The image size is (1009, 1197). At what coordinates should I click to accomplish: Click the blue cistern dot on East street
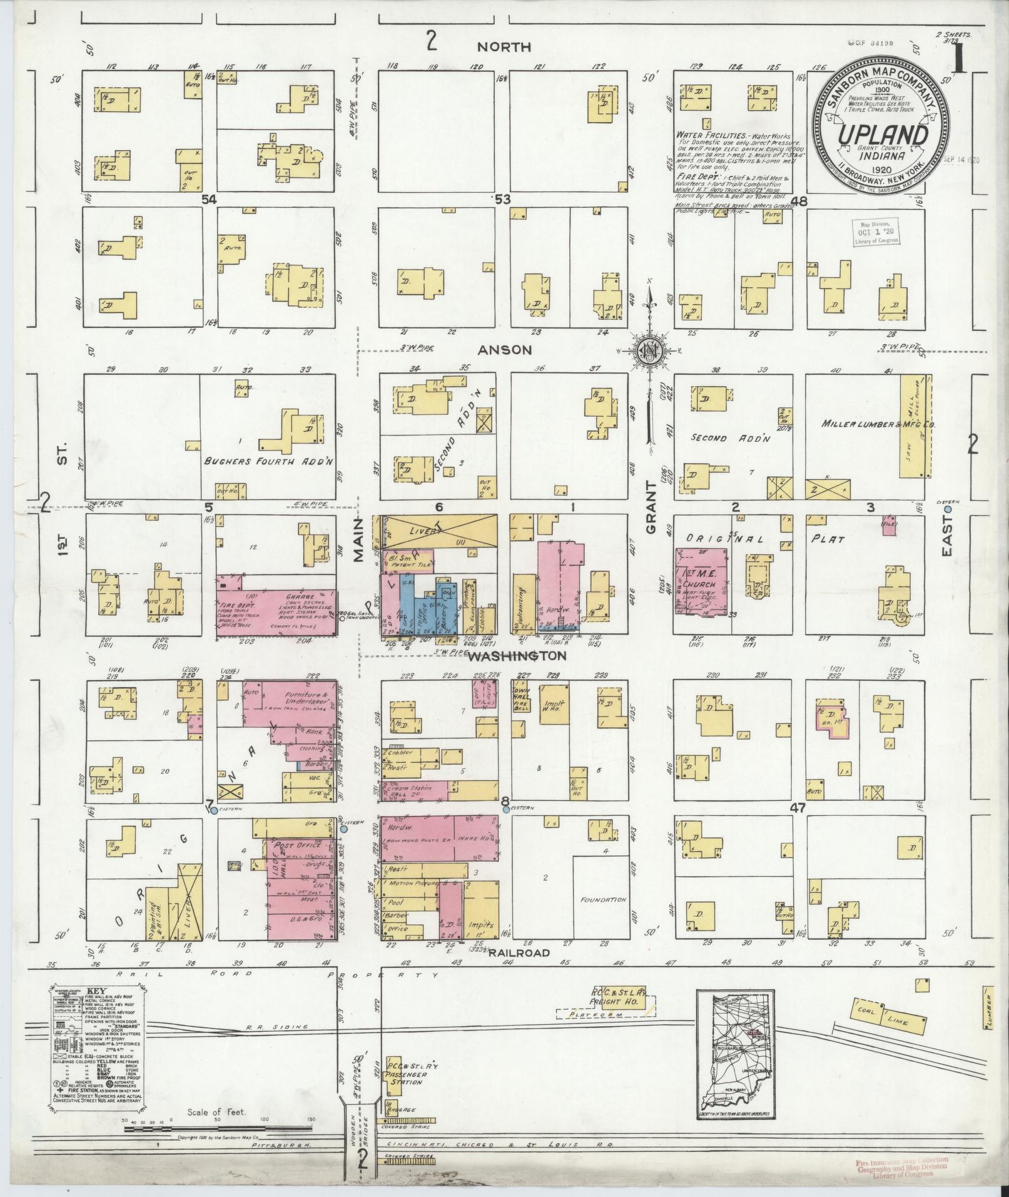(948, 509)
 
